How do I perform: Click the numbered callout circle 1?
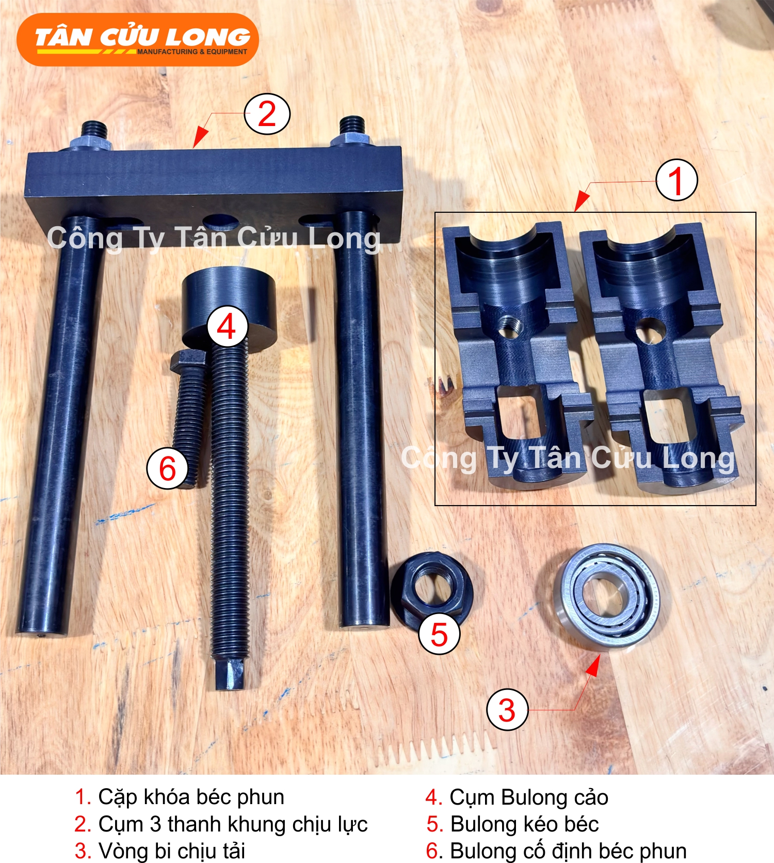[x=676, y=180]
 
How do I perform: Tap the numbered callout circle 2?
[x=267, y=114]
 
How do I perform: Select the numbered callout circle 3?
[x=507, y=709]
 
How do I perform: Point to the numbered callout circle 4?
[x=227, y=326]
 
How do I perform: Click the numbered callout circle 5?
[x=439, y=634]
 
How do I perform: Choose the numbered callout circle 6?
[x=168, y=468]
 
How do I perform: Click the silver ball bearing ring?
[x=607, y=595]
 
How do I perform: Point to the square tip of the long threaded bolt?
[x=230, y=673]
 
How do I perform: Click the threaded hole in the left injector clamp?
[x=509, y=327]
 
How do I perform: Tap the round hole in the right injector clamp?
[x=648, y=331]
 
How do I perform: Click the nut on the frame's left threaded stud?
[x=93, y=143]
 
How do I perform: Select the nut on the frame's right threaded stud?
[x=352, y=140]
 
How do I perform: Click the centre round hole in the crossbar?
[x=221, y=223]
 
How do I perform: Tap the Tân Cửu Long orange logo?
[x=138, y=40]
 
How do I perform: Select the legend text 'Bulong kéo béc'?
[x=524, y=824]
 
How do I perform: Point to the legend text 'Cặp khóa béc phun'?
[x=191, y=797]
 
